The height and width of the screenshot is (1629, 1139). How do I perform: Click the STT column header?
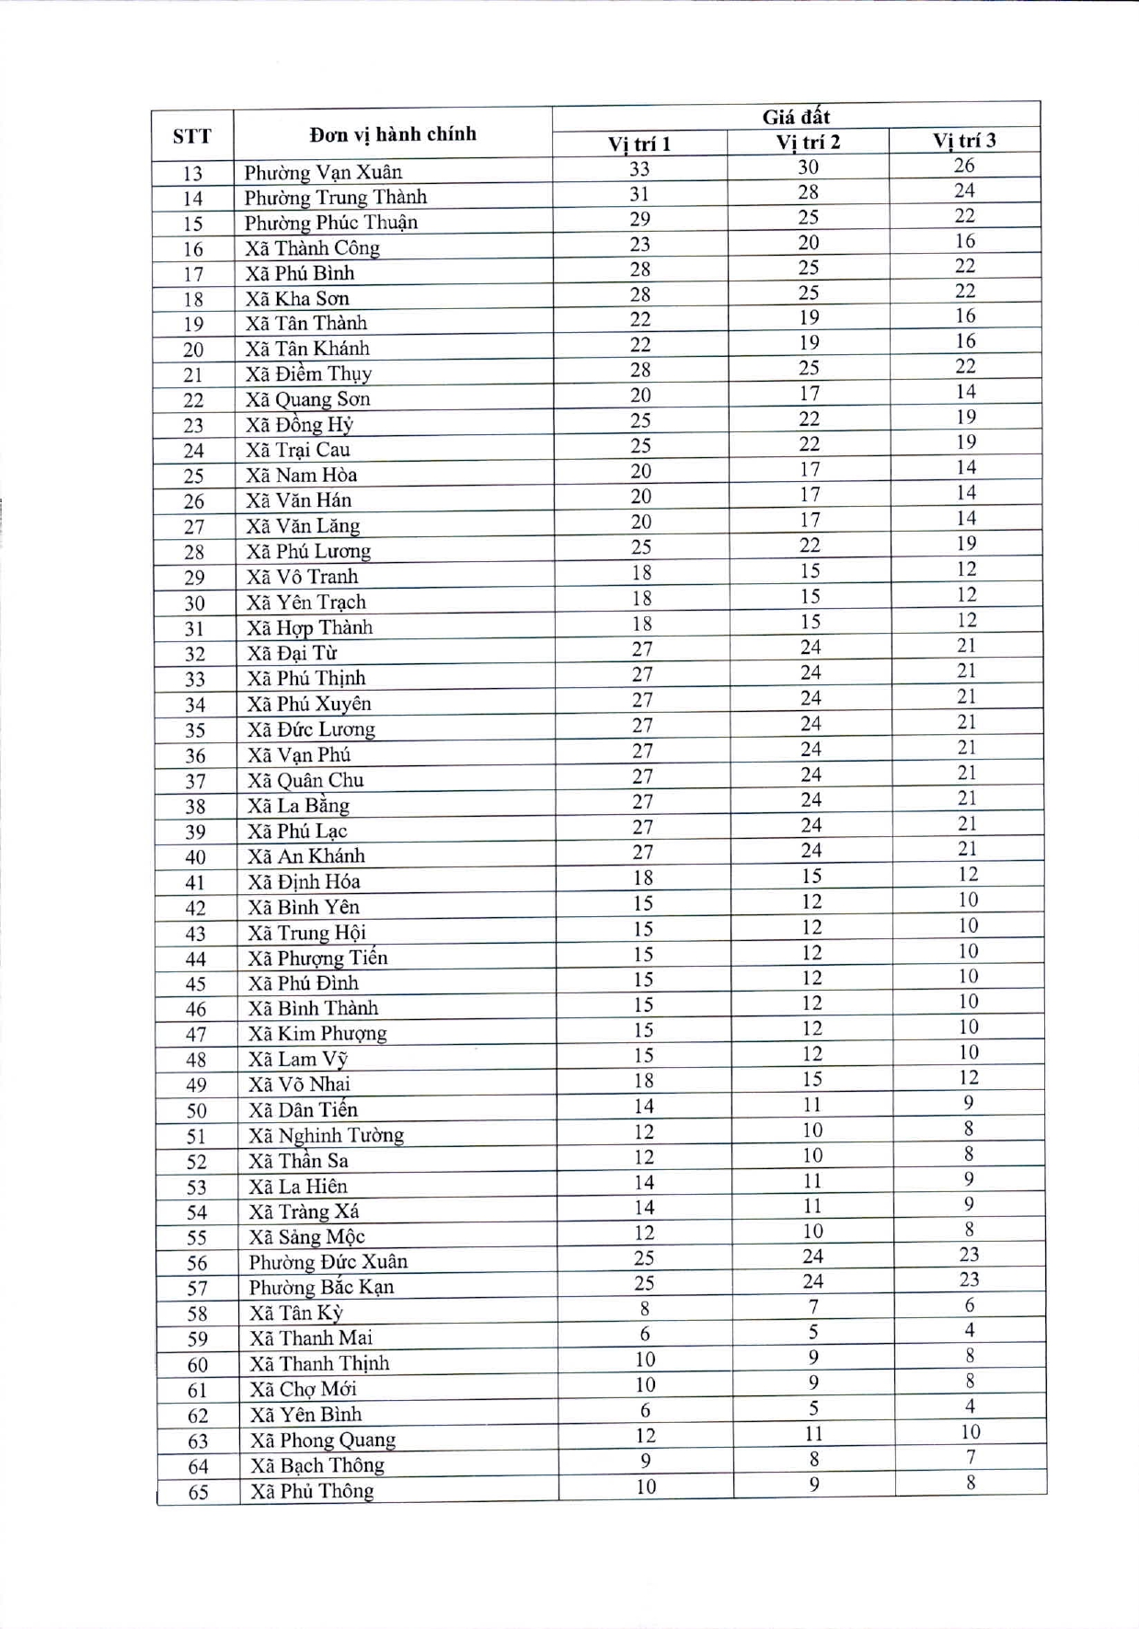191,137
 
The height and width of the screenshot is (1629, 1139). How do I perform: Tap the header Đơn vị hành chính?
393,134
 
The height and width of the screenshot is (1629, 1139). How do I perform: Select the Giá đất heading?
796,117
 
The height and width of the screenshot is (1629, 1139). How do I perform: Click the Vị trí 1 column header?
639,143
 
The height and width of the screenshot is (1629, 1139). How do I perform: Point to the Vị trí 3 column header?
964,141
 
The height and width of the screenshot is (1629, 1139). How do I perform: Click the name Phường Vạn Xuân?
323,172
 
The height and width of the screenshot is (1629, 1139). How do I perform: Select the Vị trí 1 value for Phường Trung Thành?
639,194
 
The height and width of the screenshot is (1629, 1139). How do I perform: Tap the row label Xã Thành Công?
312,247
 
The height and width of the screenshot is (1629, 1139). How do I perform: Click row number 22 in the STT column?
193,400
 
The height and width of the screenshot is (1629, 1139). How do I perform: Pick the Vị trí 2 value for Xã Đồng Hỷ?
809,419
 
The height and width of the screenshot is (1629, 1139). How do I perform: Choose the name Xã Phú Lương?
308,551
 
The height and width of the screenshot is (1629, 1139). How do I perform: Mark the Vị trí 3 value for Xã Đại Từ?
966,646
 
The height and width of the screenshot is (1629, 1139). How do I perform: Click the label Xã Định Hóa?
304,881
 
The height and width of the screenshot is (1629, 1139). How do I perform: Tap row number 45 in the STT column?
195,984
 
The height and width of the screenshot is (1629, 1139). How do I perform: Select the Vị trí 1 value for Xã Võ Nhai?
643,1081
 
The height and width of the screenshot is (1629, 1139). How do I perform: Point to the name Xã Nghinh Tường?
326,1135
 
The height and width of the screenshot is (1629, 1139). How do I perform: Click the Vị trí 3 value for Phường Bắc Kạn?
969,1279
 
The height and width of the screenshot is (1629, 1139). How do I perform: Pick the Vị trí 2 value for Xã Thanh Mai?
813,1332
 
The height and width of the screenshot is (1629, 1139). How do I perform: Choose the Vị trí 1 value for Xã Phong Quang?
645,1436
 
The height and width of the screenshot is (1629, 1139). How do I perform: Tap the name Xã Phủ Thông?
312,1491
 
